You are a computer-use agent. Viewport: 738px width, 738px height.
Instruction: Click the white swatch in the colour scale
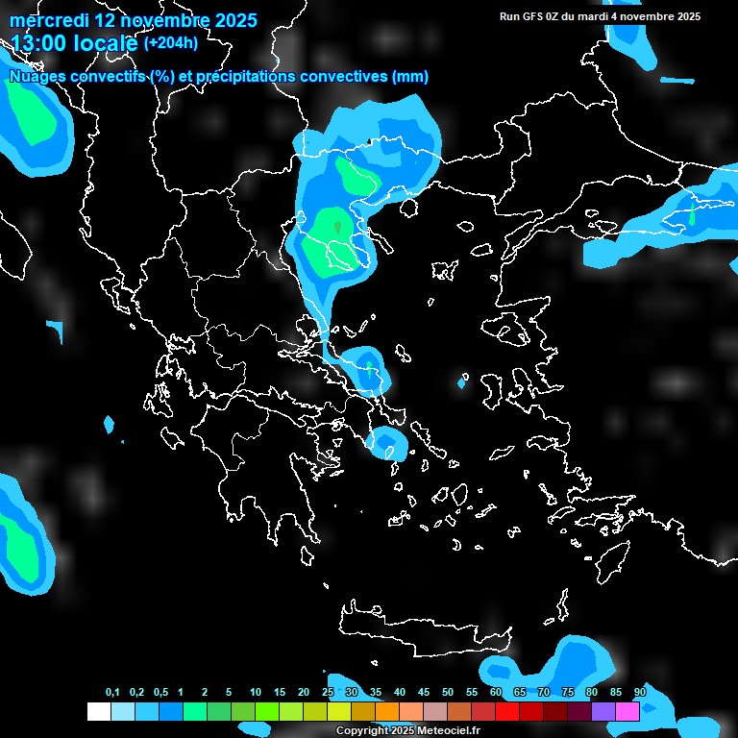click(x=98, y=711)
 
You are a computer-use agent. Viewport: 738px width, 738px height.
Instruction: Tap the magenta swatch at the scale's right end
click(x=627, y=711)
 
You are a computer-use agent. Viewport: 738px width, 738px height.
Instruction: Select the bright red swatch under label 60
click(x=507, y=711)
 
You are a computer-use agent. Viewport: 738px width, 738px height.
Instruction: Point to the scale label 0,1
click(x=112, y=693)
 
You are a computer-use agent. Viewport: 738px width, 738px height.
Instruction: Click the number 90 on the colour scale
click(x=640, y=693)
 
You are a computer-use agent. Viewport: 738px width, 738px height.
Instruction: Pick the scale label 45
click(x=424, y=693)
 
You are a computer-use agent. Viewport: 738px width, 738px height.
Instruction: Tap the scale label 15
click(x=280, y=693)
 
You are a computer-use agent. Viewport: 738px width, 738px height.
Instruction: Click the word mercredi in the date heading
click(x=43, y=20)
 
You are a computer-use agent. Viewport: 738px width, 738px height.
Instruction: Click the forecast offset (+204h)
click(x=171, y=43)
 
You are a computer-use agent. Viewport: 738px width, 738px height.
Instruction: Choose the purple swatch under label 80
click(x=603, y=711)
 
